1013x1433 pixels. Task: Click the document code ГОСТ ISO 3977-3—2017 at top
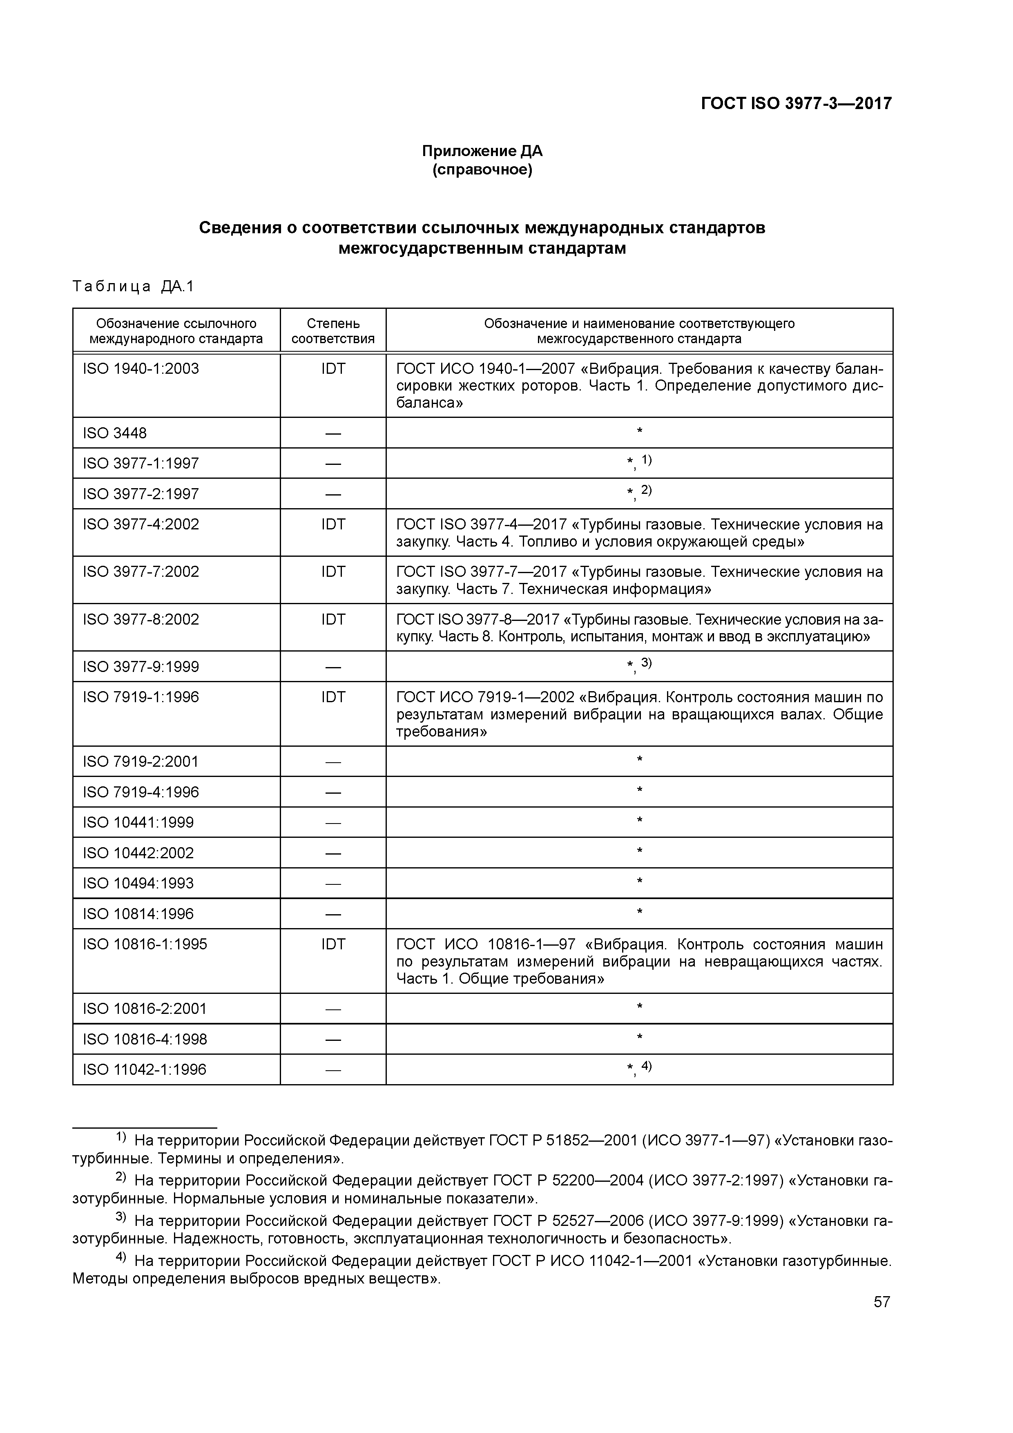pyautogui.click(x=796, y=103)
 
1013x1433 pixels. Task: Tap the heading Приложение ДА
pyautogui.click(x=482, y=151)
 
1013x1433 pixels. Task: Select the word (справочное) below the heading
pyautogui.click(x=482, y=170)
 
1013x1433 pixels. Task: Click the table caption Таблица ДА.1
pyautogui.click(x=134, y=286)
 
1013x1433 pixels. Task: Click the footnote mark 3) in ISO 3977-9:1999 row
pyautogui.click(x=646, y=663)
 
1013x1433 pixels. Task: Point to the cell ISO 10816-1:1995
pyautogui.click(x=145, y=944)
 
